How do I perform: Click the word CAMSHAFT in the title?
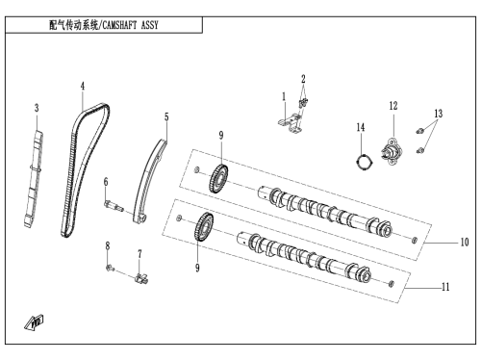[x=119, y=25]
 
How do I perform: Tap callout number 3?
[x=37, y=108]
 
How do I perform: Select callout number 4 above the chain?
[x=83, y=86]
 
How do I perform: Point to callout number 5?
[x=166, y=117]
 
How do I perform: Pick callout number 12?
[x=393, y=106]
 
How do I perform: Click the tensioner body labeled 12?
[x=392, y=150]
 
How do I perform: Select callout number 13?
[x=439, y=114]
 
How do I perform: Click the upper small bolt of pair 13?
[x=420, y=130]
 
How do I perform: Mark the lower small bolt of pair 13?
[x=420, y=150]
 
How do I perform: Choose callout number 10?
[x=465, y=243]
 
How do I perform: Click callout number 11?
[x=446, y=287]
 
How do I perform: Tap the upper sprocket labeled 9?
[x=218, y=179]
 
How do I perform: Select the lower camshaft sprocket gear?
[x=204, y=227]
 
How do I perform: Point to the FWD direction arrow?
[x=35, y=321]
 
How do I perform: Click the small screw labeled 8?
[x=110, y=268]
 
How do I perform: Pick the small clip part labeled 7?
[x=141, y=278]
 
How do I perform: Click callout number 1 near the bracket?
[x=284, y=96]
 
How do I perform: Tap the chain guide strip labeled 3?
[x=33, y=179]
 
